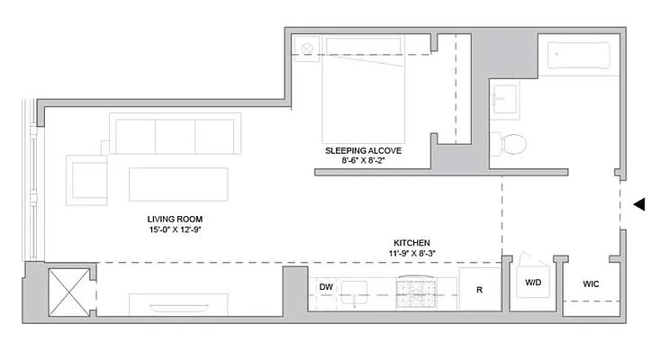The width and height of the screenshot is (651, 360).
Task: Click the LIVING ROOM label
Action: coord(175,219)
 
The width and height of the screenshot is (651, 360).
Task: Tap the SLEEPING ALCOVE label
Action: coord(365,150)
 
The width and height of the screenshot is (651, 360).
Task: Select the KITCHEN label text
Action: coord(411,243)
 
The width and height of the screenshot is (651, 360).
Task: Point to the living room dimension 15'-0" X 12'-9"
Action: coord(175,230)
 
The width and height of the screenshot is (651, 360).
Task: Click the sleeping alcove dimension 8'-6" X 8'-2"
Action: coord(365,162)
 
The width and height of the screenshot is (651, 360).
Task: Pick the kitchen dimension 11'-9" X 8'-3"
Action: coord(411,255)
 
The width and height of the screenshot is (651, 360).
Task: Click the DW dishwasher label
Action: coord(326,287)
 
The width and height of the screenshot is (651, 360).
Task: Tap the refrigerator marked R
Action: coord(479,289)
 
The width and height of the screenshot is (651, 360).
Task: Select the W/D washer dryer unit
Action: coord(533,282)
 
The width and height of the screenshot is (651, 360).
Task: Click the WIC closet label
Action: coord(591,283)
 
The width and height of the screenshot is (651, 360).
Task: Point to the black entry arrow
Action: coord(639,204)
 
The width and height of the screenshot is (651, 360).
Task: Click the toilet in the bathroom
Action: coord(511,144)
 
